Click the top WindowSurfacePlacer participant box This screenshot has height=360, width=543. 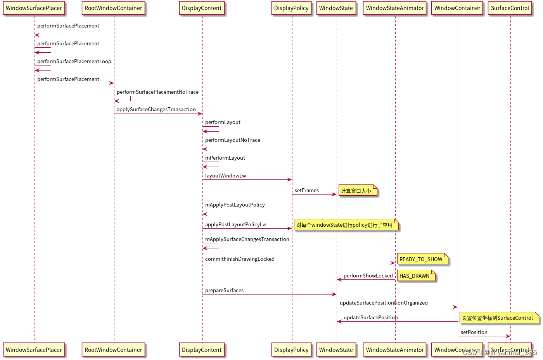pos(34,8)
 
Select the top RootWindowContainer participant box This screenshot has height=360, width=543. pos(113,8)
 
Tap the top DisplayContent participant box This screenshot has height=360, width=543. pos(202,8)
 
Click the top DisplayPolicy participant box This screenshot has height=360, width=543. pos(291,8)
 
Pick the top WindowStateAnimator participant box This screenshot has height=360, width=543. pos(395,8)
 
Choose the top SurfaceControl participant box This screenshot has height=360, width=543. pos(510,8)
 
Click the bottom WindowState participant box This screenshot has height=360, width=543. pos(336,350)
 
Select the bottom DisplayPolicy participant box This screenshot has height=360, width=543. pos(291,350)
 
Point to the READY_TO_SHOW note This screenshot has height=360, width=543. pos(422,259)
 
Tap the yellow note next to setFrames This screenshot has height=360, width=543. pos(357,191)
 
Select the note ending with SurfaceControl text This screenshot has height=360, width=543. pos(498,318)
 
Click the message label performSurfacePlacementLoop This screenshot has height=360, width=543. pos(74,61)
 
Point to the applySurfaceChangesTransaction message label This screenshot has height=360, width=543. pos(156,109)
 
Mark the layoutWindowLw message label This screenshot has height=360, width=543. pos(225,176)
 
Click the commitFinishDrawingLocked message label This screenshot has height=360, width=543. pos(240,259)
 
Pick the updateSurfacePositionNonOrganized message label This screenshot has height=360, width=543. pos(384,303)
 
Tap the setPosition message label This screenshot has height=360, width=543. pos(474,332)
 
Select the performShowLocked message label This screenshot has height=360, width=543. pos(368,276)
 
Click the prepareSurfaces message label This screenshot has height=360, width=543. pos(224,290)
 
